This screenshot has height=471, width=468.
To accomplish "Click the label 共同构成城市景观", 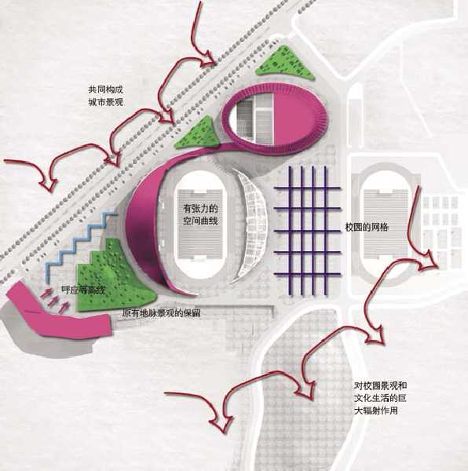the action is pyautogui.click(x=106, y=96).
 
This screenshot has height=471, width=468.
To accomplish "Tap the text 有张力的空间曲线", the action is pyautogui.click(x=200, y=214).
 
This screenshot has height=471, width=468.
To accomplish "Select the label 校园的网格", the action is pyautogui.click(x=367, y=228).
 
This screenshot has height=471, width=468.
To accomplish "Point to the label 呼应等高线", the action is pyautogui.click(x=83, y=290).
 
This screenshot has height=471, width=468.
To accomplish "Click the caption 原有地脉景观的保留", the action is pyautogui.click(x=161, y=313).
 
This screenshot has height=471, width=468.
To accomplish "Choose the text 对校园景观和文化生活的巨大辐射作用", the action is pyautogui.click(x=380, y=398).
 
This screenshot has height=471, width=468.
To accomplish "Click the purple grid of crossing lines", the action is pyautogui.click(x=308, y=231).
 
